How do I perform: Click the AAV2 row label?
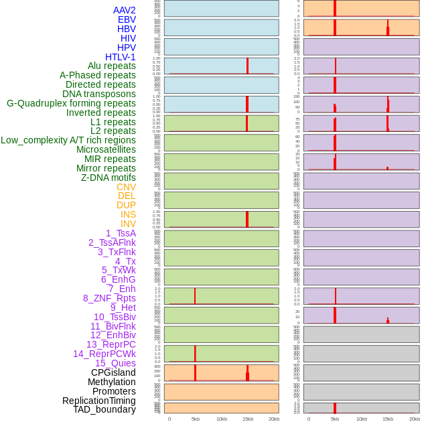point(124,10)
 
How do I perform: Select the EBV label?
point(127,19)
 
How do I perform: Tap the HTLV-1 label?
point(120,57)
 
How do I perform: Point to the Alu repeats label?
point(111,66)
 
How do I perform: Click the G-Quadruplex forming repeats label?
point(71,103)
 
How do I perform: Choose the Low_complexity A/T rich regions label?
point(68,140)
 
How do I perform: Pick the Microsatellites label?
point(106,149)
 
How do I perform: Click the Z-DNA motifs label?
point(108,178)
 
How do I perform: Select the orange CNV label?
point(126,187)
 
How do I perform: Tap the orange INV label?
point(128,224)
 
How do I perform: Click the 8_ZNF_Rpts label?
point(109,298)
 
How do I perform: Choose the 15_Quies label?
point(115,363)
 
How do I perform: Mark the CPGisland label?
point(113,372)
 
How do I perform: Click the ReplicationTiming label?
point(98,401)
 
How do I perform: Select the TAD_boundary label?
point(104,409)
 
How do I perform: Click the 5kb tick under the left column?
point(196,419)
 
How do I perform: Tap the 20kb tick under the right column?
point(414,419)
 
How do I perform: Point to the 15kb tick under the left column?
point(247,419)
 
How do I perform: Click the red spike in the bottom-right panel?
point(335,408)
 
